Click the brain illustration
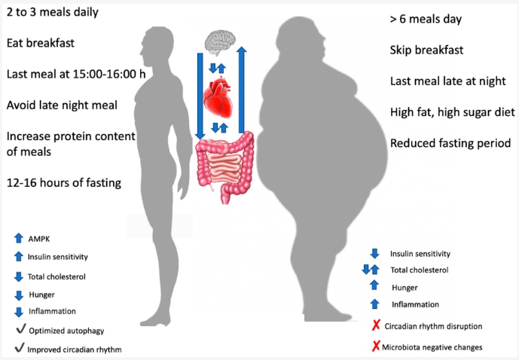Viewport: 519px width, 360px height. click(219, 41)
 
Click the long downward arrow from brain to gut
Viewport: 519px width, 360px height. click(200, 96)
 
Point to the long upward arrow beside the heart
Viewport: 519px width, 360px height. click(242, 90)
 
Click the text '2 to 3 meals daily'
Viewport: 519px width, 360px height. click(53, 12)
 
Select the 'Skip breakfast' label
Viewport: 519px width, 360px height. click(426, 50)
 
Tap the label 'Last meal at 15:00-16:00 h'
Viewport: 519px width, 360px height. click(76, 74)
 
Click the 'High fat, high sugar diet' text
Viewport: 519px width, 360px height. click(453, 112)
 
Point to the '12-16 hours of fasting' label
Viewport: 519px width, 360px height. click(64, 183)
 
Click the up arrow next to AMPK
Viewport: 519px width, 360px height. click(19, 238)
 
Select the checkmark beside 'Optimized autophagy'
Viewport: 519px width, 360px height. click(20, 329)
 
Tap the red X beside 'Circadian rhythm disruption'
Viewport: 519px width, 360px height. click(376, 325)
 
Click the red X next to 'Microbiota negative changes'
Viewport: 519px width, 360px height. click(376, 346)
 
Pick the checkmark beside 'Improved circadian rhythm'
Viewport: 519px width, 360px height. click(20, 348)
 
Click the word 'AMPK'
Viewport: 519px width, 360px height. click(39, 239)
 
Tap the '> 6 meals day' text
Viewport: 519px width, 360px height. click(426, 19)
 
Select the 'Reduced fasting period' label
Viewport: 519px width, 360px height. click(450, 143)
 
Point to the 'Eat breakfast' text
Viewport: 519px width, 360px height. click(41, 43)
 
